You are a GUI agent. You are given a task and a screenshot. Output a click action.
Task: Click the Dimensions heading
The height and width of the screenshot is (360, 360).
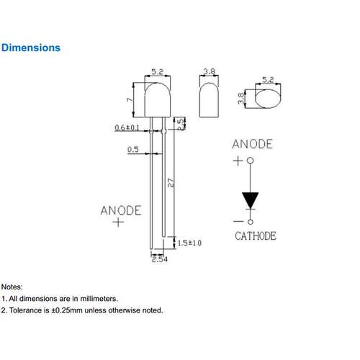coord(31,48)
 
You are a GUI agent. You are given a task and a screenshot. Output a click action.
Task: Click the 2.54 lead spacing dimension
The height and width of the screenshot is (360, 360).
coord(160,259)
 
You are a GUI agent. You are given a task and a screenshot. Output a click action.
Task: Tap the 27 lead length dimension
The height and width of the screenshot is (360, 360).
coord(171,183)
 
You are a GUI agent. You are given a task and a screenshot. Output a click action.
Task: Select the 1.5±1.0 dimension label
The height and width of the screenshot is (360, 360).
coord(189,243)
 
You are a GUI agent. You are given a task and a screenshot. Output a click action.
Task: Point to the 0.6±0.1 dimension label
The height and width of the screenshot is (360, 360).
coord(127,127)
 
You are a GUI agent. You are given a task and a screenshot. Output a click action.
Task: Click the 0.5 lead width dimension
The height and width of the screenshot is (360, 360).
coord(133,150)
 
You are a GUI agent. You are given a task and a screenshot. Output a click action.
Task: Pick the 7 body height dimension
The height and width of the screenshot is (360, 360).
coord(130,99)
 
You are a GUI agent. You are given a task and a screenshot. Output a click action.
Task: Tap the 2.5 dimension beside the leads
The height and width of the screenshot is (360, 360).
coord(181,124)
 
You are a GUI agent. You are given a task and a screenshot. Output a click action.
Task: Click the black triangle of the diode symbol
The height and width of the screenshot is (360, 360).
coord(250,200)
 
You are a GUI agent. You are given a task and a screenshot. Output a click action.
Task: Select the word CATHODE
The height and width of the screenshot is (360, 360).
coord(256,236)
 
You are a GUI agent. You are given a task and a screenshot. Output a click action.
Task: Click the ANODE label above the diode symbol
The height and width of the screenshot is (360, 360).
coord(252,144)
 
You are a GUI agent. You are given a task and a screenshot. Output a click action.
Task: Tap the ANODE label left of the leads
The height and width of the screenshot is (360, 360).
coord(121,210)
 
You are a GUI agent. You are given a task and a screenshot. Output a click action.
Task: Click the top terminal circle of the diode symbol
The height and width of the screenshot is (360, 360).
coord(251,161)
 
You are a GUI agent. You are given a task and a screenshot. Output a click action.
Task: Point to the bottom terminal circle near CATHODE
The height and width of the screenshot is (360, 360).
coord(251,222)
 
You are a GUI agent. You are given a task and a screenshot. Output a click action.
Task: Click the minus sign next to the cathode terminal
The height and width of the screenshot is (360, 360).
coord(238,221)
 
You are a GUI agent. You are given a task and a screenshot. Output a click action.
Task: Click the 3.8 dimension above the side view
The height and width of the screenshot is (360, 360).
coord(210,71)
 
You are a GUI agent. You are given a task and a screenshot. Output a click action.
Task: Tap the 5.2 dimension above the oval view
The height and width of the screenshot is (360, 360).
coord(268,80)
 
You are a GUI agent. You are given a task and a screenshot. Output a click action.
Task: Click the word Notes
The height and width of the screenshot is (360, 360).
coord(12,287)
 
